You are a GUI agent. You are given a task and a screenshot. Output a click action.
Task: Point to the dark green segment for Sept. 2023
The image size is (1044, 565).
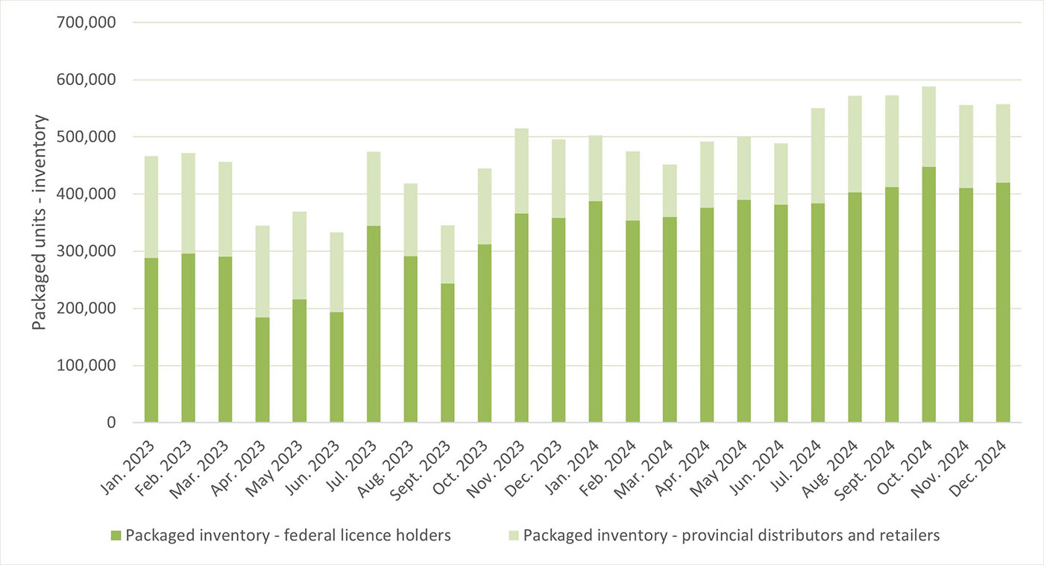pos(447,353)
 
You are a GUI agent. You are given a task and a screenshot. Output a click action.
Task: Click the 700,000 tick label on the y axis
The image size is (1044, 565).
pos(86,22)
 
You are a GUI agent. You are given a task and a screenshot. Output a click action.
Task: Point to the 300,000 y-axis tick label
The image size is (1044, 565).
pos(86,251)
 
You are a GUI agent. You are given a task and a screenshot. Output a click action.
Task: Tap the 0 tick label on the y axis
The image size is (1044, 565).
pos(110,423)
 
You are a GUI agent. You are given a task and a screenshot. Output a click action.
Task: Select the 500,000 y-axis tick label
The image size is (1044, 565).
pos(86,137)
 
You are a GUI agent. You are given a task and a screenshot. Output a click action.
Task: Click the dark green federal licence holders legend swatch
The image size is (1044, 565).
pos(116,535)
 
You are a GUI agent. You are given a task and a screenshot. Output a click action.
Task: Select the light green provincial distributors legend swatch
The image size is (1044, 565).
pos(513,535)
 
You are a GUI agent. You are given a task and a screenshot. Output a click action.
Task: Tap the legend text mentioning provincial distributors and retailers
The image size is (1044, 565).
pos(732,535)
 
